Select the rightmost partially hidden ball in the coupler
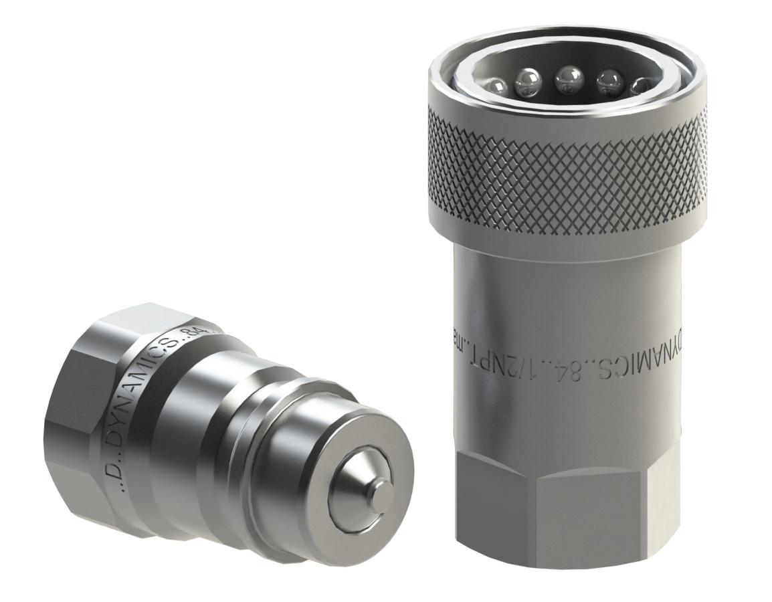[x=640, y=86]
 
